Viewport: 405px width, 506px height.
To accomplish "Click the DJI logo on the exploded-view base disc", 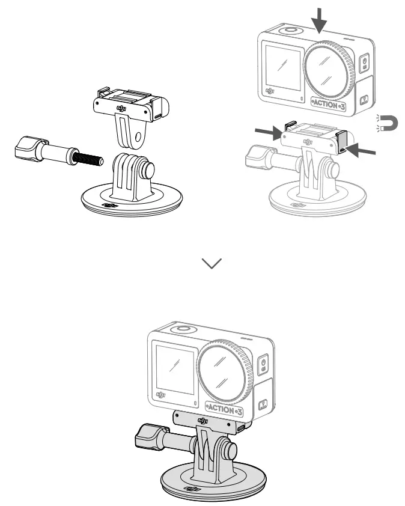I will (109, 205).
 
